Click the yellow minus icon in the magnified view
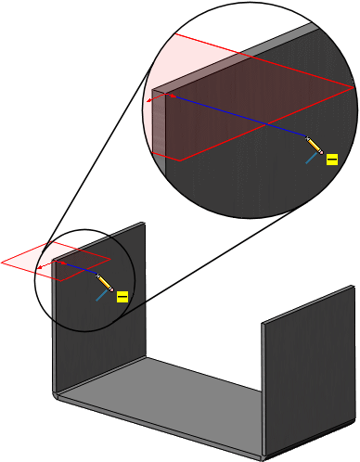pos(331,160)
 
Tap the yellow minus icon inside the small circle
pos(121,297)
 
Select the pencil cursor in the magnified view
pos(315,146)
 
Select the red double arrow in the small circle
pos(43,268)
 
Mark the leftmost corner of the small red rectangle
pos(3,262)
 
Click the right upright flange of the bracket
pos(292,371)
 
